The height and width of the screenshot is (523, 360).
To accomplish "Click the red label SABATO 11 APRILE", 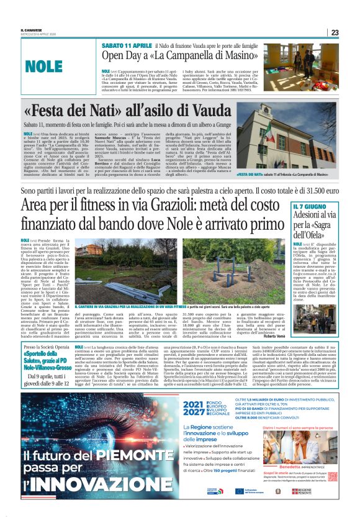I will point(125,46).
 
